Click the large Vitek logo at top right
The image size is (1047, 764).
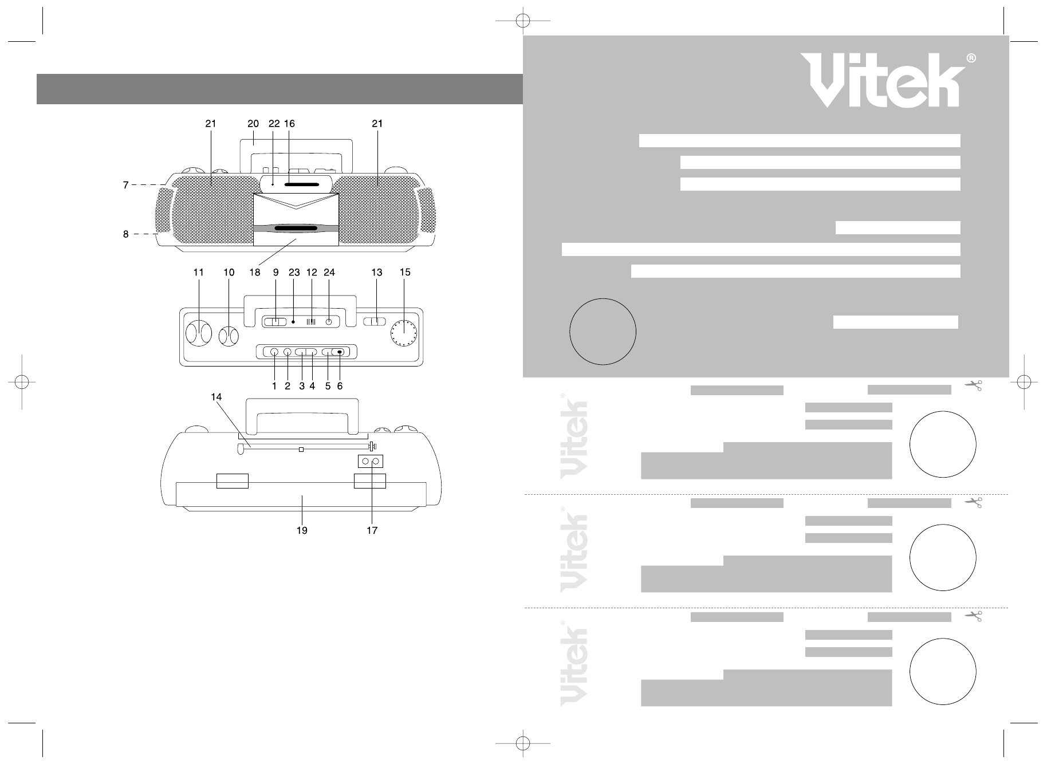[883, 81]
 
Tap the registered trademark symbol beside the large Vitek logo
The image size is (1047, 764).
[971, 58]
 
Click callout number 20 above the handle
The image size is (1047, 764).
[253, 124]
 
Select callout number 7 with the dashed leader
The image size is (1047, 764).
[125, 185]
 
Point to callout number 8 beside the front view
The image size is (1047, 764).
[125, 234]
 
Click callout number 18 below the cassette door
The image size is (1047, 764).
[254, 273]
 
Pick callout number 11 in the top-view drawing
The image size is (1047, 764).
[198, 273]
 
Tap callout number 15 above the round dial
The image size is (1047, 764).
[405, 273]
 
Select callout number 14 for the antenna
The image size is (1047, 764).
[216, 397]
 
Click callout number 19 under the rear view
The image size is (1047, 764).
[302, 531]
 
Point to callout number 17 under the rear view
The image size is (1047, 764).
[372, 531]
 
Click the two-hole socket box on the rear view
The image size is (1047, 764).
[370, 462]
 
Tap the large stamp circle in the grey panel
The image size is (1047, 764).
[603, 331]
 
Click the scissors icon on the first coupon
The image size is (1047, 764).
[973, 385]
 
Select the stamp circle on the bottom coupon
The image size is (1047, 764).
[942, 671]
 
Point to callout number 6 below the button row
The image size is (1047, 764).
[340, 387]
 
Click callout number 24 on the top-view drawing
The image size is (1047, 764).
[329, 273]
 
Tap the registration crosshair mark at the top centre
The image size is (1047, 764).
[522, 21]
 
